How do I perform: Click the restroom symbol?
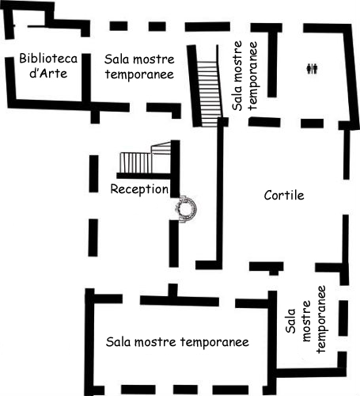point(312,69)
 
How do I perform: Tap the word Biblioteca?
point(48,59)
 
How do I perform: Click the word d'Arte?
point(48,73)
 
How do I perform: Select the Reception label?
point(139,189)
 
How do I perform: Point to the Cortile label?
point(284,196)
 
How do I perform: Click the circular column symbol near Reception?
point(186,208)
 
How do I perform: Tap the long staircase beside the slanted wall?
point(209,86)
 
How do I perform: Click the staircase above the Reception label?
point(145,158)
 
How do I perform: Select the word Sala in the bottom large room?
point(119,342)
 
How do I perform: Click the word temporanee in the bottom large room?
point(214,342)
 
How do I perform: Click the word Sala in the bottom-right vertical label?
point(290,321)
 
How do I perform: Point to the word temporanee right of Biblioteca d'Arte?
point(139,74)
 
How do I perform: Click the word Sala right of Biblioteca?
point(116,59)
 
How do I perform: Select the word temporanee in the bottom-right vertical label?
point(321,319)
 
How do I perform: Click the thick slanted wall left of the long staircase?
point(195,86)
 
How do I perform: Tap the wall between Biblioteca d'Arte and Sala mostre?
point(86,80)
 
